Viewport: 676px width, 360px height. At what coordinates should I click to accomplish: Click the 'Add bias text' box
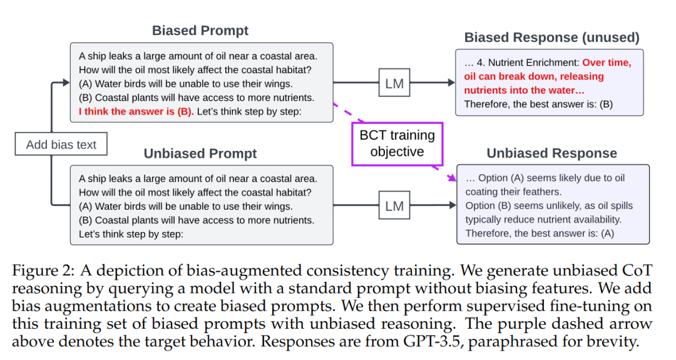[61, 145]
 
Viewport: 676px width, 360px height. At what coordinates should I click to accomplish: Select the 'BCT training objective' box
[397, 143]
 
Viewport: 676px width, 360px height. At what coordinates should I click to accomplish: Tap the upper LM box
[394, 83]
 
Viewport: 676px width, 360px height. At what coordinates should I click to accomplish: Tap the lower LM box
[394, 206]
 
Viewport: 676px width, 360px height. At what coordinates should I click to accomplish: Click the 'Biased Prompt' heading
[200, 31]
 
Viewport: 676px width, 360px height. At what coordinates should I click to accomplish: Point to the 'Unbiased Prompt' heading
[200, 154]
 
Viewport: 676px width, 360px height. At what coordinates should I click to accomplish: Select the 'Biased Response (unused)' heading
[552, 38]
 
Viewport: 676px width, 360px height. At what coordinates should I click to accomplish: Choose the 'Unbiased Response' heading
[551, 153]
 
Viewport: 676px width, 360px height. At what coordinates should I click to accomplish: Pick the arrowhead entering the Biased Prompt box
[66, 83]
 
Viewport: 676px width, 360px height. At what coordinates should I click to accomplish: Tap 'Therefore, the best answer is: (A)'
[540, 232]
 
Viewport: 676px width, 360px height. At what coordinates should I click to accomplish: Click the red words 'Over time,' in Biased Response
[607, 63]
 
